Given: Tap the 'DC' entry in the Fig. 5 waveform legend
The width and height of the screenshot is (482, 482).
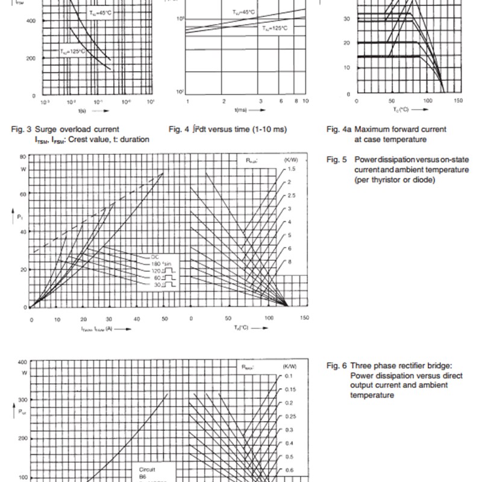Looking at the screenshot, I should click(155, 257).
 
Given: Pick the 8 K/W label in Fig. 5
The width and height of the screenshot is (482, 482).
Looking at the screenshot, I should click(289, 262).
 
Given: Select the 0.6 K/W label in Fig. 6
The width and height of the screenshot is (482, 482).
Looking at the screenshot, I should click(290, 470).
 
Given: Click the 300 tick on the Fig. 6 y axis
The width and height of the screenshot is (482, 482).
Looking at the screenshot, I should click(23, 400).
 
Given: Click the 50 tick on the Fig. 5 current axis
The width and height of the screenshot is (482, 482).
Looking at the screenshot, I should click(163, 319).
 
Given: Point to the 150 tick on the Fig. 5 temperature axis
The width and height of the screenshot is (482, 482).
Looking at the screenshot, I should click(304, 318).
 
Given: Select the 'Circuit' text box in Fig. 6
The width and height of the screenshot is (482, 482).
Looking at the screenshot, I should click(147, 468).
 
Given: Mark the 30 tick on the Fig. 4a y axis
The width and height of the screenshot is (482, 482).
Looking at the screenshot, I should click(346, 19).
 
